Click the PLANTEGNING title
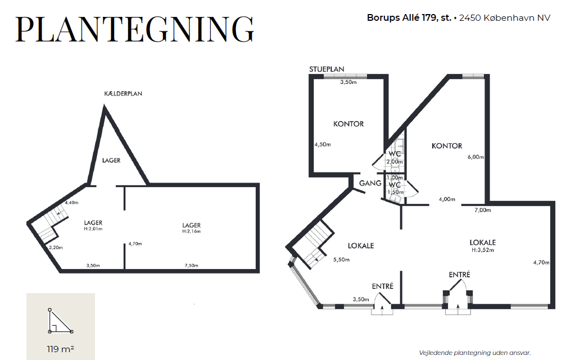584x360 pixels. click(x=135, y=29)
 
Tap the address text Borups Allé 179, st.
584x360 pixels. click(x=409, y=18)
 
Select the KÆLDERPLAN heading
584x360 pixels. click(x=123, y=93)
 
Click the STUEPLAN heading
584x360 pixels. click(x=327, y=69)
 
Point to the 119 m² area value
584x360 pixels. click(x=60, y=349)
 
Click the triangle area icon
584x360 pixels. click(x=60, y=321)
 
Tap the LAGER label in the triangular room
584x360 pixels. click(x=111, y=161)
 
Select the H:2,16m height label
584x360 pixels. click(x=192, y=231)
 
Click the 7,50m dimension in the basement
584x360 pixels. click(x=192, y=266)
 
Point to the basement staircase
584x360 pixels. click(x=52, y=225)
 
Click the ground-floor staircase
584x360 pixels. click(x=314, y=243)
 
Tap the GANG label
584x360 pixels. click(x=370, y=183)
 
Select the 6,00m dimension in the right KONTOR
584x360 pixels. click(x=476, y=157)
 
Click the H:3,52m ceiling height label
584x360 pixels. click(x=483, y=250)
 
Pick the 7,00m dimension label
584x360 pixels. click(x=483, y=210)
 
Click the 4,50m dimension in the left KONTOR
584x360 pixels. click(x=323, y=144)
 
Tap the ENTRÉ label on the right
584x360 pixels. click(x=459, y=275)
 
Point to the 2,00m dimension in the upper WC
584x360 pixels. click(x=395, y=162)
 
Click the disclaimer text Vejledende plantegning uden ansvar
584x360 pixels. click(x=474, y=353)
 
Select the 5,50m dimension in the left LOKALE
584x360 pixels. click(x=341, y=260)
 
